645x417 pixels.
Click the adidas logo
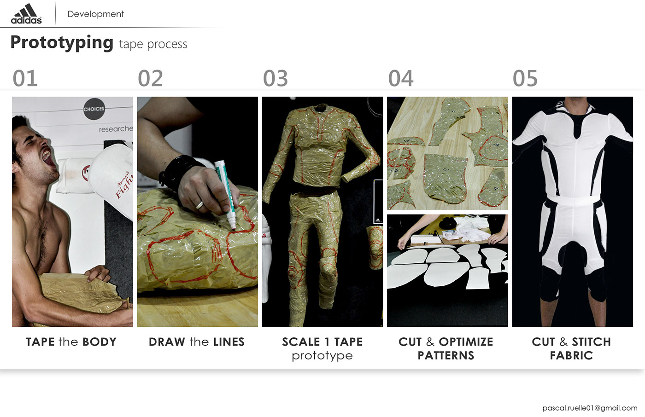pos(26,14)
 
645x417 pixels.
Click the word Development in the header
pos(95,14)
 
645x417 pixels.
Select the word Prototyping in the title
pos(62,42)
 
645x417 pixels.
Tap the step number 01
pos(25,78)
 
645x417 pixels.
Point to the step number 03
pos(276,78)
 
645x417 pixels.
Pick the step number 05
pos(525,78)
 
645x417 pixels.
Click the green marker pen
pos(226,193)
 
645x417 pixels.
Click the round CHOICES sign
pos(94,109)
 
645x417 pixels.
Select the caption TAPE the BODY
pos(71,342)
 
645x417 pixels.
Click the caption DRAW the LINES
pos(197,342)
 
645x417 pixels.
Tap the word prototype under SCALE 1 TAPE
pos(322,356)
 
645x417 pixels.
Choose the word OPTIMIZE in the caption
pos(466,342)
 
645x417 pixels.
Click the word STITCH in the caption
pos(591,342)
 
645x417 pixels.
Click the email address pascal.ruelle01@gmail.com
pos(590,408)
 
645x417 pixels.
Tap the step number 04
pos(401,78)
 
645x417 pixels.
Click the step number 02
pos(150,78)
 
